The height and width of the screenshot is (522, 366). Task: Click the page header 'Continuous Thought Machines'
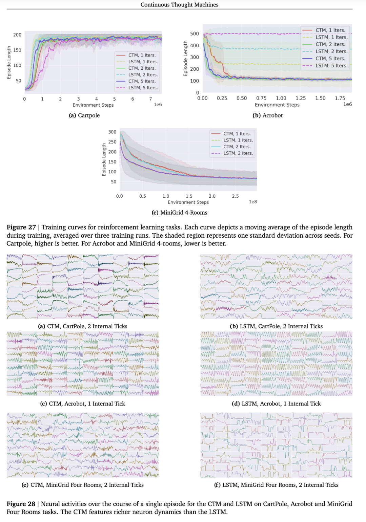click(x=179, y=5)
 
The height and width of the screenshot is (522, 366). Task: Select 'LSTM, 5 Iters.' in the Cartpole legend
click(x=143, y=88)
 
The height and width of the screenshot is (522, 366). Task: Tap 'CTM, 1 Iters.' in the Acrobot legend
click(x=330, y=30)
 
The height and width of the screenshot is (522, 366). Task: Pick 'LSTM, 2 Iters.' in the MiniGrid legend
click(x=238, y=153)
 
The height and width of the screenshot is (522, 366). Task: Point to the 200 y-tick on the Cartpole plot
click(x=17, y=35)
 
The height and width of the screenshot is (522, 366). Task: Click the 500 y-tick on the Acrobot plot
click(x=195, y=34)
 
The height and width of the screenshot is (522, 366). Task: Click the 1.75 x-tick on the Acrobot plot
click(x=340, y=98)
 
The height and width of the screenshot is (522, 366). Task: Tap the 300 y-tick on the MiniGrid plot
click(x=112, y=132)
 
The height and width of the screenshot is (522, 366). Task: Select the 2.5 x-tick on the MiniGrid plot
click(x=235, y=196)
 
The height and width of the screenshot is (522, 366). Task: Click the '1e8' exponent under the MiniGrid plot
click(x=253, y=202)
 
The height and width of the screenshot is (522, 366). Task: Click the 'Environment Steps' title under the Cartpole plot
click(x=93, y=105)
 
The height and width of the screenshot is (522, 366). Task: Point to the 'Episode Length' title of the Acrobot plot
click(x=185, y=59)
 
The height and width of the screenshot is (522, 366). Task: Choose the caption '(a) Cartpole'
click(x=84, y=115)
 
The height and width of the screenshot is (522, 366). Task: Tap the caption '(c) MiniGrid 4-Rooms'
click(x=179, y=213)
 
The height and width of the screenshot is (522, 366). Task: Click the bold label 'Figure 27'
click(x=21, y=227)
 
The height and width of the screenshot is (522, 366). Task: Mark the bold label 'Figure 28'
click(x=21, y=504)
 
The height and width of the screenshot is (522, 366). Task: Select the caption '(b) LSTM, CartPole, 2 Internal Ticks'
click(x=276, y=326)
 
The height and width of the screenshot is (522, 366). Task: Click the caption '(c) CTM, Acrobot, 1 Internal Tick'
click(x=83, y=404)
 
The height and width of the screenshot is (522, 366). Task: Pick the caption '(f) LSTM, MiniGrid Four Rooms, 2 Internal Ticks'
click(x=276, y=485)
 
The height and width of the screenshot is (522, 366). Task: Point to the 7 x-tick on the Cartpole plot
click(x=150, y=99)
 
